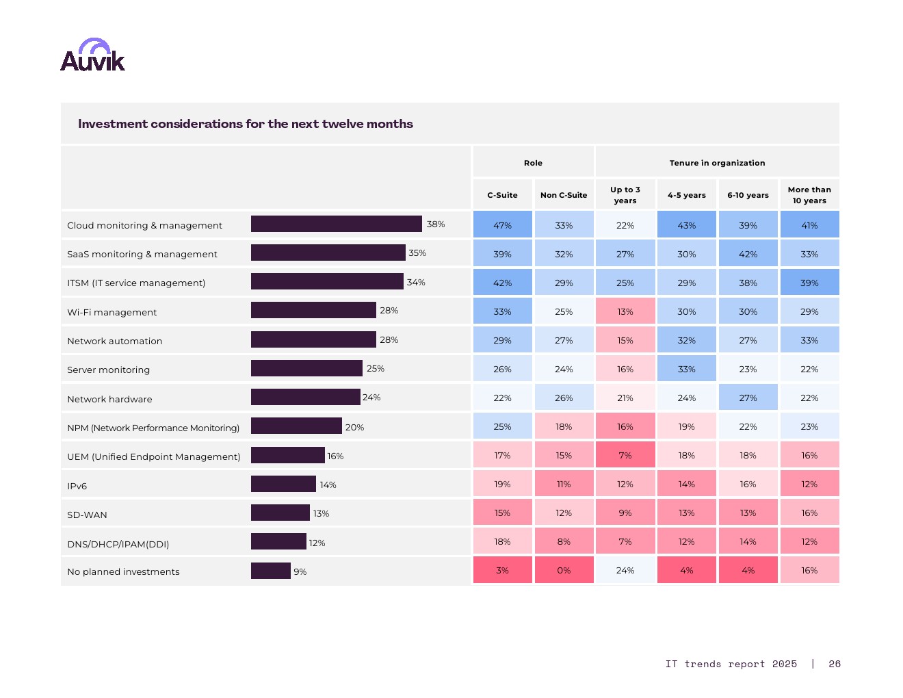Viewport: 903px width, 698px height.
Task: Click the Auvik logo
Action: [92, 55]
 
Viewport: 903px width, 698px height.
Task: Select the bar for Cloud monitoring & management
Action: [336, 224]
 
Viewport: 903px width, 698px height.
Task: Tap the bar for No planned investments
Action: [270, 571]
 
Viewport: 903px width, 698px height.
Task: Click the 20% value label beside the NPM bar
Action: [354, 427]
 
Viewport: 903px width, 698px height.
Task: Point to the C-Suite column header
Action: [502, 195]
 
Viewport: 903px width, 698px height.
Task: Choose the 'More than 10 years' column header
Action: [809, 195]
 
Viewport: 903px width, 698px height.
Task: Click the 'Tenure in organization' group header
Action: [717, 163]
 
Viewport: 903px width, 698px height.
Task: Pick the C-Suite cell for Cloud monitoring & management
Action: [502, 225]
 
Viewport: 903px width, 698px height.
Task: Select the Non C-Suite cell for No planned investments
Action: [564, 570]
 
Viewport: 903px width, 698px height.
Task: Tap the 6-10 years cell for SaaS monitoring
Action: [748, 254]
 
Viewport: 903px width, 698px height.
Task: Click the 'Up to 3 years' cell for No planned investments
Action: [625, 570]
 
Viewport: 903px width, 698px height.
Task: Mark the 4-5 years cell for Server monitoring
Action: [686, 369]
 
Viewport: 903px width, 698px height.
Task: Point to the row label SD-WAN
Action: [87, 515]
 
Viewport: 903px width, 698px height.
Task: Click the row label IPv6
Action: [77, 486]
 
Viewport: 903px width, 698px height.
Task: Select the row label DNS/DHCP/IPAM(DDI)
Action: [118, 544]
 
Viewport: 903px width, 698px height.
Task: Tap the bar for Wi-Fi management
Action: [313, 310]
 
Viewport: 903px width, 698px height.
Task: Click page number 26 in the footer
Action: [834, 664]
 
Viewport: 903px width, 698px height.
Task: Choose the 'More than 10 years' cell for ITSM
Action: [809, 283]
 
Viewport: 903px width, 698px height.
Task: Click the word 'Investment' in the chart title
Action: [113, 124]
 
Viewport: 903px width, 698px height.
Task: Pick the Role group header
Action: [533, 163]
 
